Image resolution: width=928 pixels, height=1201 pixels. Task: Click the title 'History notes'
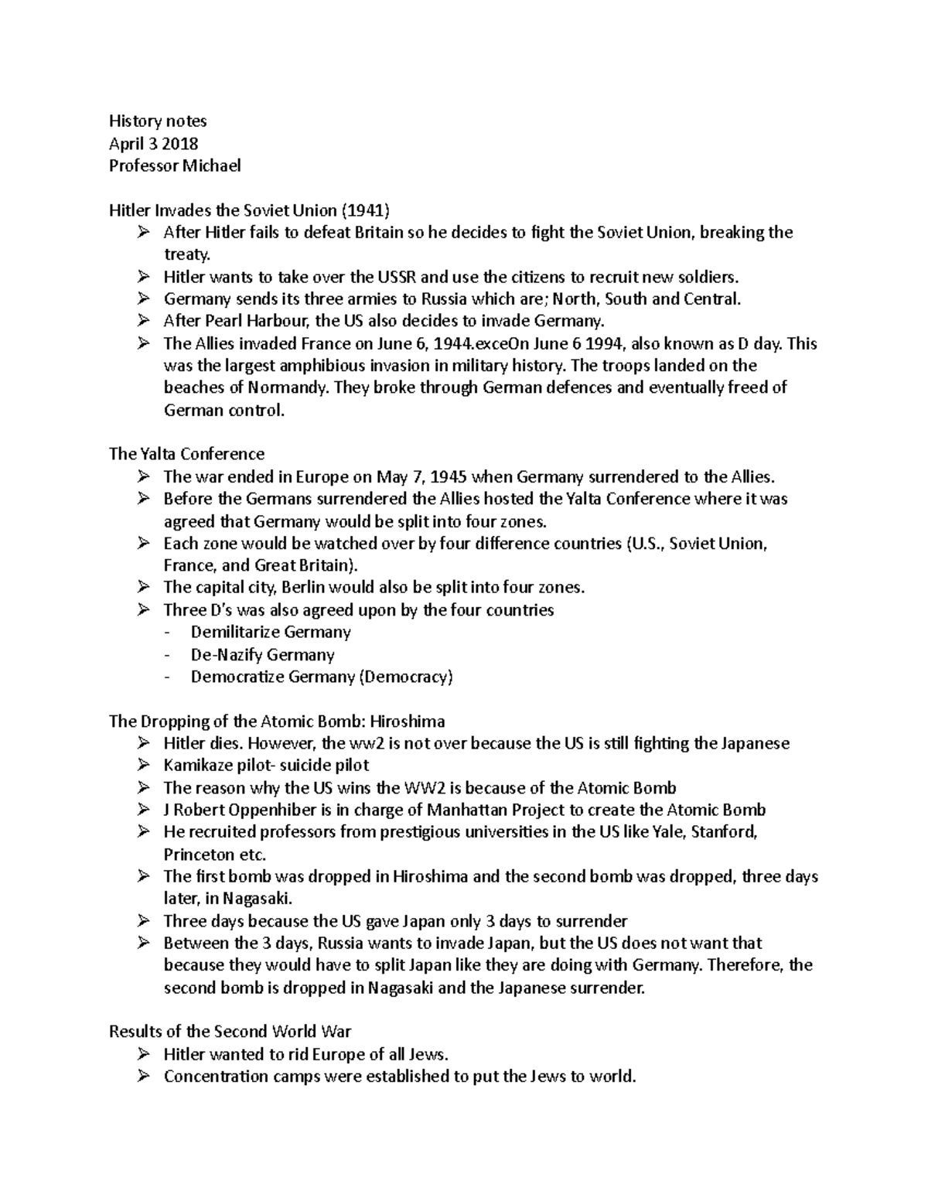(x=158, y=121)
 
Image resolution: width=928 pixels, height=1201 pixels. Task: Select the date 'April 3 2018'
(x=153, y=143)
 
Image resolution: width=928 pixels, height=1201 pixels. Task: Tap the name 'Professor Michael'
(x=175, y=165)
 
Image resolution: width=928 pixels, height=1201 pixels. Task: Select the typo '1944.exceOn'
(x=479, y=343)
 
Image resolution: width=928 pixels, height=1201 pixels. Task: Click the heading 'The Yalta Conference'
(x=186, y=454)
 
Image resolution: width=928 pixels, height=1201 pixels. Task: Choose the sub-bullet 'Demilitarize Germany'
(x=271, y=632)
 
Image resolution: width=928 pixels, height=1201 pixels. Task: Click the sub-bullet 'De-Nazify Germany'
(x=262, y=654)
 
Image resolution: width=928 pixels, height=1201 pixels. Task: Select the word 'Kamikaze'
(x=198, y=766)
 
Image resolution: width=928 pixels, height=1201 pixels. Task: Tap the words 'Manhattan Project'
(x=461, y=810)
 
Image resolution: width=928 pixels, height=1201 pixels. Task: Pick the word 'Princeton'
(x=199, y=855)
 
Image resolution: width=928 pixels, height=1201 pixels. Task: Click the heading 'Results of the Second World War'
(x=230, y=1032)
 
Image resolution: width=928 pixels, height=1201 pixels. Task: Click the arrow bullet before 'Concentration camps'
(x=144, y=1076)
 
